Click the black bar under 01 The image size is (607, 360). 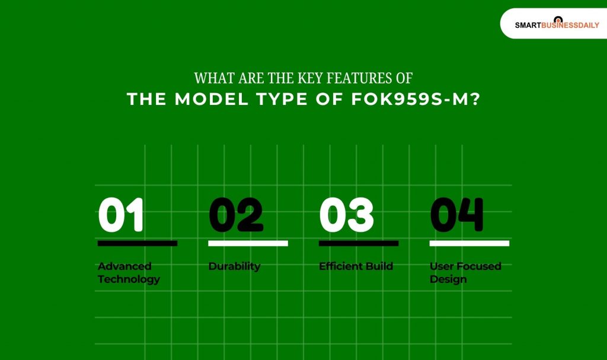coord(137,243)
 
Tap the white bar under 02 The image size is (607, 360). coord(248,243)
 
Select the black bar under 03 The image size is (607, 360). coord(359,243)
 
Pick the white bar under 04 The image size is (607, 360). coord(469,243)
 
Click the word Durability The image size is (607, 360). coord(234,266)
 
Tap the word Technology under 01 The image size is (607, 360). coord(129,279)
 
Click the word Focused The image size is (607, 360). coord(477,266)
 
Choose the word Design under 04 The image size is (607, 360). coord(448,279)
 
